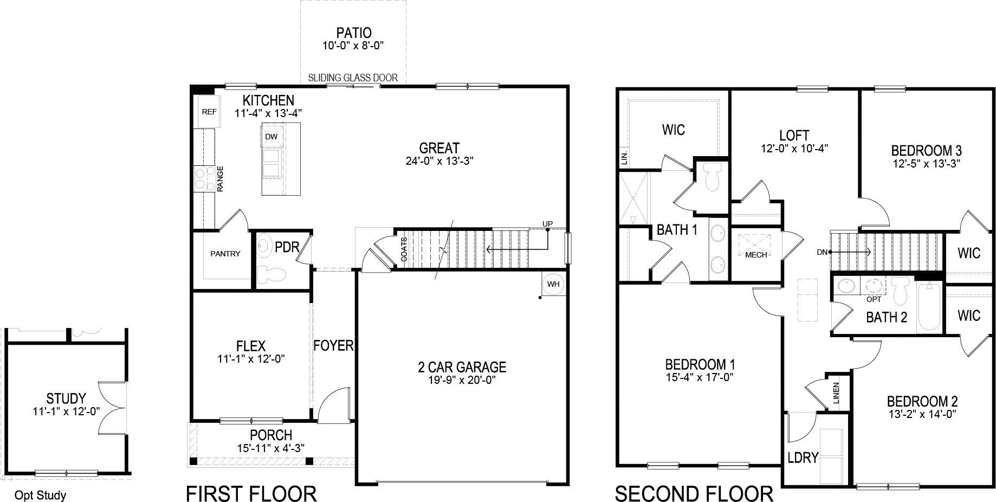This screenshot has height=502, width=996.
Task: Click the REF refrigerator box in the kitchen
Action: point(209,112)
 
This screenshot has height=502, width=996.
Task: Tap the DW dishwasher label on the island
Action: point(271,137)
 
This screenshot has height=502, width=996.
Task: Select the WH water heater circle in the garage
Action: point(553,284)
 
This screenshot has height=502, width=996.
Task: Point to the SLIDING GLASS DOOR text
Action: point(353,78)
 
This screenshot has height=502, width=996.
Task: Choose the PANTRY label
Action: point(225,253)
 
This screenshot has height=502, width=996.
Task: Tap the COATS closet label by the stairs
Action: point(404,250)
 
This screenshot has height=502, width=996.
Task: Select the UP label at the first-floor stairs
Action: point(547,224)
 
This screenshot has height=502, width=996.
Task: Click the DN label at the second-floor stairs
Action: point(822,252)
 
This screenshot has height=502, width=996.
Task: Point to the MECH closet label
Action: point(756,254)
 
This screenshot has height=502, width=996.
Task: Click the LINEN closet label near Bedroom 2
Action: point(836,393)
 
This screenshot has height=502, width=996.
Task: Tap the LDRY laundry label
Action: point(803,458)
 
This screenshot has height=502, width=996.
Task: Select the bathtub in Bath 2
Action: point(930,308)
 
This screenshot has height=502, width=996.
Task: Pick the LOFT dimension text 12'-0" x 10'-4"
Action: point(794,147)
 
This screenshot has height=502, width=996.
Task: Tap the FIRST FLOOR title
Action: point(251,493)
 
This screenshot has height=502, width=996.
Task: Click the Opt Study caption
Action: point(40,495)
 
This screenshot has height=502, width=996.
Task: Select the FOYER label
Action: point(333,345)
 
